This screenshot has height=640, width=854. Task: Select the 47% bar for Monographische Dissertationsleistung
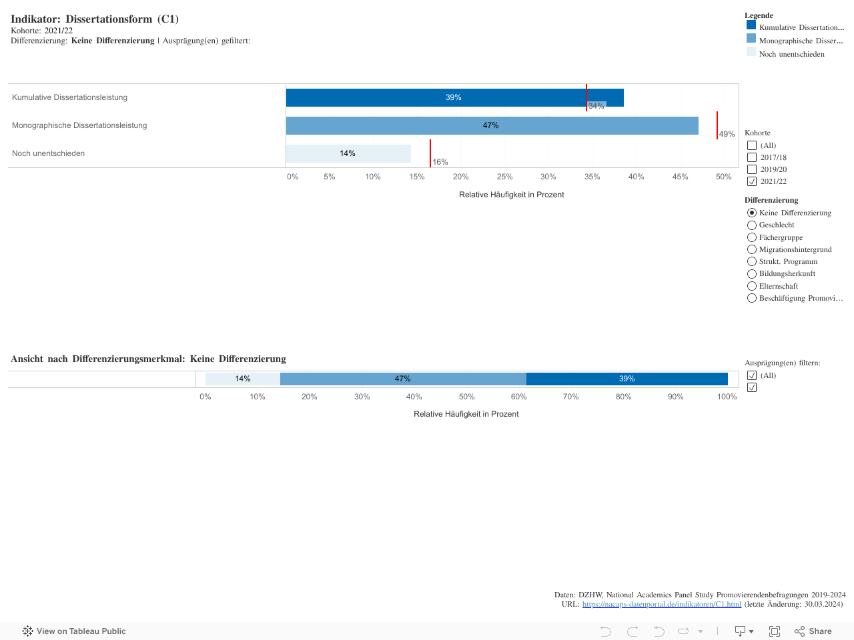pyautogui.click(x=492, y=125)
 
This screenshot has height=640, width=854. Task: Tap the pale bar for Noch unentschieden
pyautogui.click(x=348, y=153)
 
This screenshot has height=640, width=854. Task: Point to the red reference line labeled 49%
pyautogui.click(x=717, y=125)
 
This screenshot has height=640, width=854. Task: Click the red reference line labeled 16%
pyautogui.click(x=430, y=153)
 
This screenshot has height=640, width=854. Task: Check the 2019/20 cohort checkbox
pyautogui.click(x=752, y=169)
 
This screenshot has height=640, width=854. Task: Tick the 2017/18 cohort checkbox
pyautogui.click(x=752, y=157)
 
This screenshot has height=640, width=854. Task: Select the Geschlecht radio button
pyautogui.click(x=752, y=225)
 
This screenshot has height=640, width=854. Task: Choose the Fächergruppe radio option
pyautogui.click(x=752, y=237)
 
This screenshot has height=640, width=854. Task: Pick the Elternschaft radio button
pyautogui.click(x=752, y=286)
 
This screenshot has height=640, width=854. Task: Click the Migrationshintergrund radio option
pyautogui.click(x=752, y=249)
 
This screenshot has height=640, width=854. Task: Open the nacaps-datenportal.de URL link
pyautogui.click(x=661, y=604)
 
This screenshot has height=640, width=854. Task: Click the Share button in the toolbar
pyautogui.click(x=813, y=631)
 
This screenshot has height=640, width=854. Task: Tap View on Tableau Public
pyautogui.click(x=74, y=631)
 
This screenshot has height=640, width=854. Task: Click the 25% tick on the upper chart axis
pyautogui.click(x=504, y=177)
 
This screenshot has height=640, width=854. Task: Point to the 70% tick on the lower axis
pyautogui.click(x=570, y=397)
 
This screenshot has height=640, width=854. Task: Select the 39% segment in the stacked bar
pyautogui.click(x=626, y=379)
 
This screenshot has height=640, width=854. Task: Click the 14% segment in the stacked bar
pyautogui.click(x=243, y=379)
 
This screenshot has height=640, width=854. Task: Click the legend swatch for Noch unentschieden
pyautogui.click(x=751, y=51)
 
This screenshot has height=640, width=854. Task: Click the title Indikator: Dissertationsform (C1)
pyautogui.click(x=95, y=19)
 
